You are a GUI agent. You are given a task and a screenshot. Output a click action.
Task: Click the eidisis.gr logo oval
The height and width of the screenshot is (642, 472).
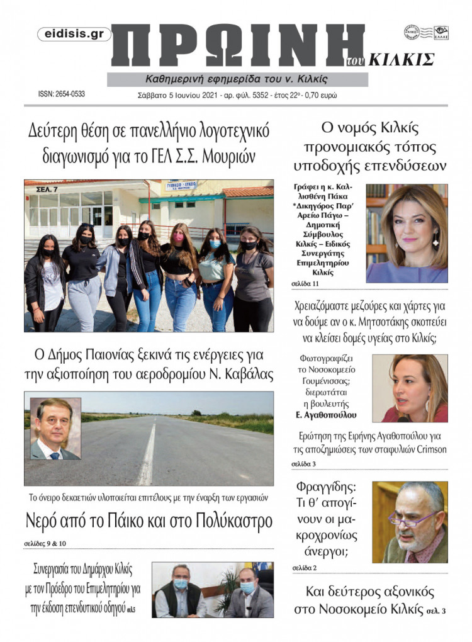click(x=74, y=35)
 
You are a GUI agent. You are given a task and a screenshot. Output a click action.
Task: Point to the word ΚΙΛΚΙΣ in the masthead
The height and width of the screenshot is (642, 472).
click(x=401, y=60)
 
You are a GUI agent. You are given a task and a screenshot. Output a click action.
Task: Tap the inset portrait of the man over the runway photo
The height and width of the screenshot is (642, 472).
click(x=55, y=428)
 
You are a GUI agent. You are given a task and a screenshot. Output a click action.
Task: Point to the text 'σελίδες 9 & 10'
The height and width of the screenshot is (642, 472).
click(x=45, y=543)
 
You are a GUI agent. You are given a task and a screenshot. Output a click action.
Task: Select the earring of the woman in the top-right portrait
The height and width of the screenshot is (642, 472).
click(x=434, y=239)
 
